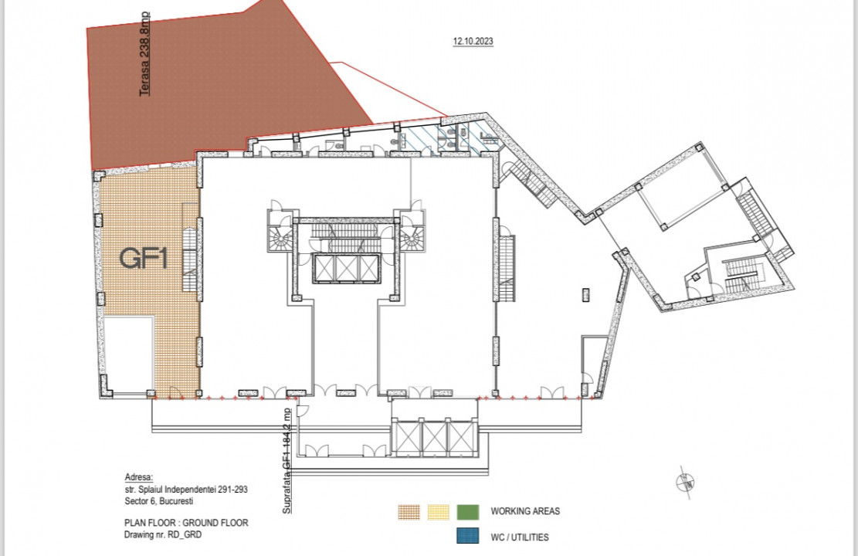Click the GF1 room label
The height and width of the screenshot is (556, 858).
point(144,258)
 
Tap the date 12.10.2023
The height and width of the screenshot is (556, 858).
point(473,41)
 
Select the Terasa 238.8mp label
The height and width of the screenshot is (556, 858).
point(145,55)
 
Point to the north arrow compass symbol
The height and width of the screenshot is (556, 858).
point(685,483)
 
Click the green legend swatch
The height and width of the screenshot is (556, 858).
point(468,512)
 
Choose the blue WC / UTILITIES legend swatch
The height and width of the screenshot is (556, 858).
point(468,536)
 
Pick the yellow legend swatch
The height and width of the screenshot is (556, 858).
point(439,512)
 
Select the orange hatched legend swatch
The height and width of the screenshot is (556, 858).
point(409,512)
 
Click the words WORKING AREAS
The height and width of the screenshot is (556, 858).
point(525,512)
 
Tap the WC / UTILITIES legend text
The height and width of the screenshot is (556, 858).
point(520,537)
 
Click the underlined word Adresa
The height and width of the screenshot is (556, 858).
point(139,477)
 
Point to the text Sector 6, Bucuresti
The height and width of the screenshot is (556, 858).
point(158,500)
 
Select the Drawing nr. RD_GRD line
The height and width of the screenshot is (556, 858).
point(162,534)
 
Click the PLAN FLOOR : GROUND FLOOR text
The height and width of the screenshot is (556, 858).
point(186,523)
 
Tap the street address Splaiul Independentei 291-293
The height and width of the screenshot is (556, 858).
point(186,490)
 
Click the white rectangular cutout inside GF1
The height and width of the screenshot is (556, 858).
point(127,354)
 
